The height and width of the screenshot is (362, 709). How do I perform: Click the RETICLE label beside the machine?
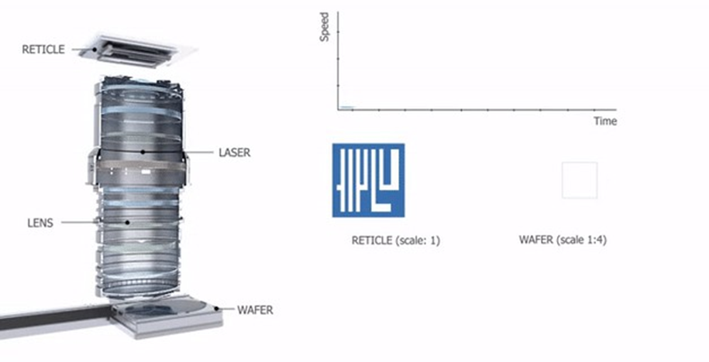(x=43, y=50)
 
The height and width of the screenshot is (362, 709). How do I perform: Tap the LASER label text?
(x=234, y=152)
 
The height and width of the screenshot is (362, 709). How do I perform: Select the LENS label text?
(x=40, y=223)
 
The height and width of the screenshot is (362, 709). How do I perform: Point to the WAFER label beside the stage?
(x=255, y=310)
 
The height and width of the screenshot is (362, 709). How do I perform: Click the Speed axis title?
(x=324, y=27)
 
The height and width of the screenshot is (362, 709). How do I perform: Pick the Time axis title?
(x=605, y=121)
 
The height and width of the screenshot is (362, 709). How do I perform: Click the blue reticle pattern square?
(x=369, y=180)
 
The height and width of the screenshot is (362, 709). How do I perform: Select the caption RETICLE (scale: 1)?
(x=396, y=241)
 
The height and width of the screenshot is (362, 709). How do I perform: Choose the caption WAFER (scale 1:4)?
(x=563, y=240)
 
